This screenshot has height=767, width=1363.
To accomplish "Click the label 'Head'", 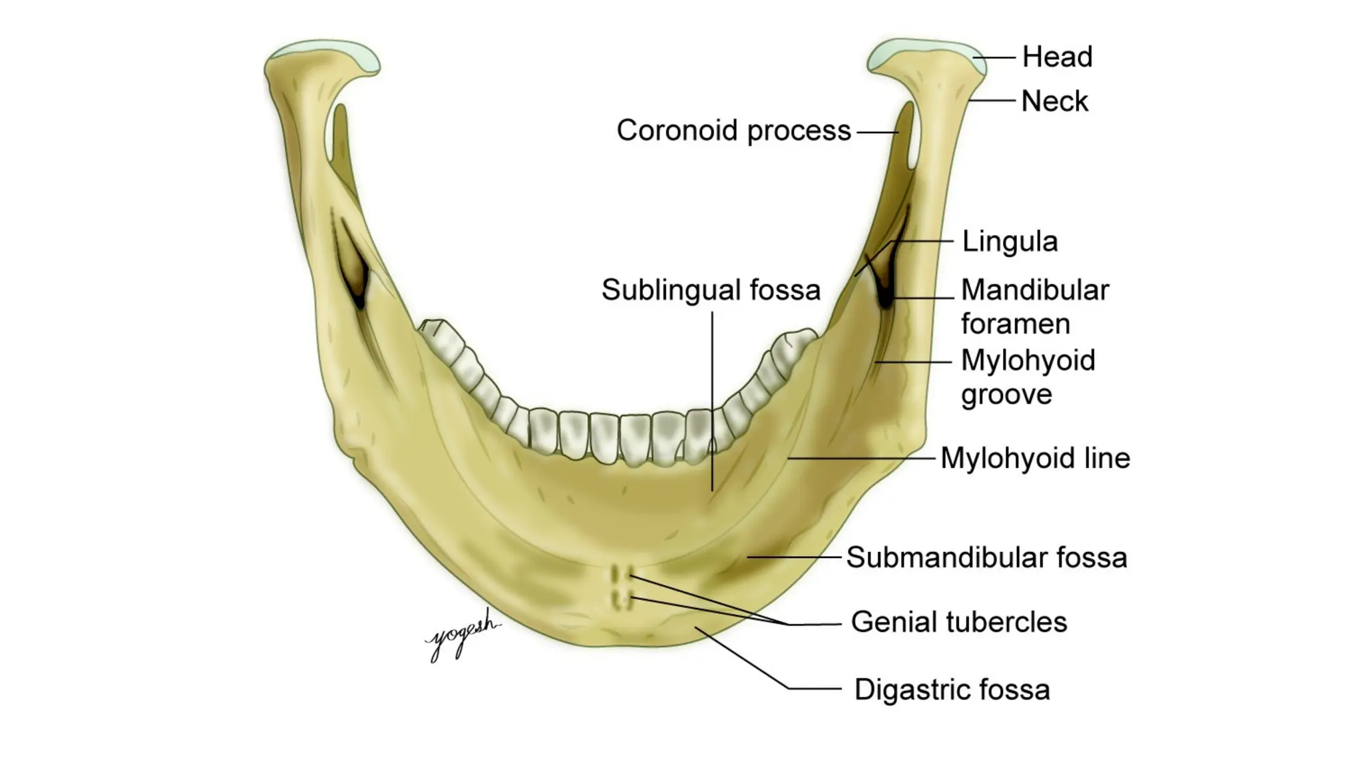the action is point(1057,57).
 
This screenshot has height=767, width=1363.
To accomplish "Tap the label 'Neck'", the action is point(1054,102).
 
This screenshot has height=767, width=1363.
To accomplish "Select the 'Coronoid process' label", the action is point(733,130).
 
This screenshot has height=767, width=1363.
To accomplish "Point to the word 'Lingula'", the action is point(1010,242).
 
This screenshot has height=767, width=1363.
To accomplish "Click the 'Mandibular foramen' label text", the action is point(1035,307).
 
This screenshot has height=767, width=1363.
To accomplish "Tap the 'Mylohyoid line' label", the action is point(1035,459).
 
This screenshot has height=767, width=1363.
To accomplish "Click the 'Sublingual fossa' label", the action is point(711,290).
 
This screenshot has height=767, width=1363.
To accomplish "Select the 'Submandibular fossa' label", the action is point(986,558).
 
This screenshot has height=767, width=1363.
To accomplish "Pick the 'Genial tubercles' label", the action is point(958,623).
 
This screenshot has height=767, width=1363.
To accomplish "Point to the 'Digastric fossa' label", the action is point(952,690).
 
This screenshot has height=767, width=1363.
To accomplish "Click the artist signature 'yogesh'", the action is point(461,634).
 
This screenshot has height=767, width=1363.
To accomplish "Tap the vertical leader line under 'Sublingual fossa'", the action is point(712,399).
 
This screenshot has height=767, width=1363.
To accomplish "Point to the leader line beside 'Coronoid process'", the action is point(877,132).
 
